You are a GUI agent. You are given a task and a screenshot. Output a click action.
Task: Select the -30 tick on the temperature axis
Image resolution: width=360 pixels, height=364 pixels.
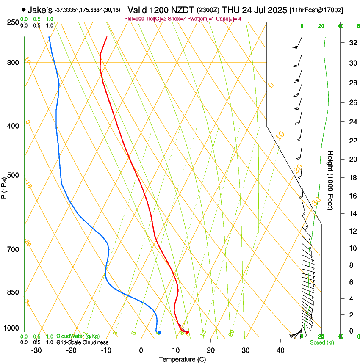(36, 350)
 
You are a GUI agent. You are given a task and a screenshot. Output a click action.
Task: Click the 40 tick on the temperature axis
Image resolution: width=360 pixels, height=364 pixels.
(280, 350)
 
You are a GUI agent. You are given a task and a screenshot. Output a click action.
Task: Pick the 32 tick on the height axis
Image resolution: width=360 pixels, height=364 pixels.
(351, 42)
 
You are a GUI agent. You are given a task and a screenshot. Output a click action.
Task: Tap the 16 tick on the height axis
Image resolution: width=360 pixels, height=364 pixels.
(351, 196)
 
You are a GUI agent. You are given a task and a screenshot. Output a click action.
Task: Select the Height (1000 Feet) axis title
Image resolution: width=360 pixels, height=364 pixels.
(331, 180)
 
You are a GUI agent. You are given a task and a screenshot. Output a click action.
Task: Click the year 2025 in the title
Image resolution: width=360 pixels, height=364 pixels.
(274, 9)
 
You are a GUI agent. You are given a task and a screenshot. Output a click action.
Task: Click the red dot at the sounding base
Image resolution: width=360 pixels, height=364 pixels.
(188, 332)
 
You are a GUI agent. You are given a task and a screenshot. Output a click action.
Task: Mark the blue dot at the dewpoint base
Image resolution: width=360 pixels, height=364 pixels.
(159, 332)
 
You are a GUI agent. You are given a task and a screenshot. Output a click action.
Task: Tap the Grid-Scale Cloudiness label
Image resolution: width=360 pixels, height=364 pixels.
(82, 342)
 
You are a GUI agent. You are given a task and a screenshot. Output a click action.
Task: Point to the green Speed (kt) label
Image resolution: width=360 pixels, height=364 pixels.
(321, 342)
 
